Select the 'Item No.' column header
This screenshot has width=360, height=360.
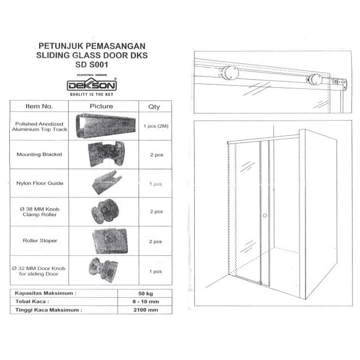(x=39, y=106)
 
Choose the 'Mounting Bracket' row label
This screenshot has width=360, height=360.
(x=39, y=154)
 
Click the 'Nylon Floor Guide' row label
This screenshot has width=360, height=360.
(x=39, y=184)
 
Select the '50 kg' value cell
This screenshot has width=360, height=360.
(x=145, y=293)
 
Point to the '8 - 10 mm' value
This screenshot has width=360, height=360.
(x=145, y=301)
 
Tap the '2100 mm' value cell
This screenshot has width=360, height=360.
(x=145, y=310)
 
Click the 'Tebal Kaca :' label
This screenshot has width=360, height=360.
(x=33, y=301)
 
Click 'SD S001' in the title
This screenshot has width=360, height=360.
(x=91, y=64)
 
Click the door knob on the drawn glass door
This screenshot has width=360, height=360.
(x=265, y=216)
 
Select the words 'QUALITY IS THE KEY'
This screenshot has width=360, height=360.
(x=91, y=94)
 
